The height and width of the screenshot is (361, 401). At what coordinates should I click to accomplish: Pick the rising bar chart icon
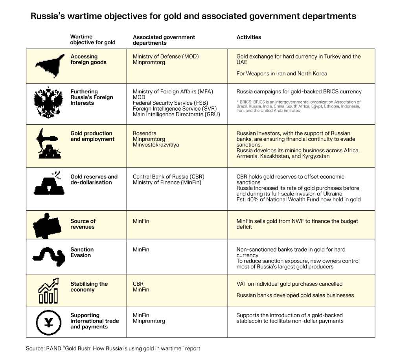(48, 290)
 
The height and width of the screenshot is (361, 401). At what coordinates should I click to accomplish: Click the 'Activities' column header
(248, 37)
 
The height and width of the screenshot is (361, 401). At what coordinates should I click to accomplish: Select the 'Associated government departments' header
(164, 40)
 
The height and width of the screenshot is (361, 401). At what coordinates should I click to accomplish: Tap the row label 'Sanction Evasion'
(82, 252)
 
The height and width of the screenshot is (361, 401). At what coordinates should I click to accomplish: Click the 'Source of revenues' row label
(83, 224)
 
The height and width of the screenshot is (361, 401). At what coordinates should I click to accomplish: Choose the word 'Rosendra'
(144, 133)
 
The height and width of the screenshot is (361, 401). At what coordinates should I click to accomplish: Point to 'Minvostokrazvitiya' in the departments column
(156, 145)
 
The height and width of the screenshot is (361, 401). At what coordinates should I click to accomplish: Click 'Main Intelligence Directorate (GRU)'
(177, 114)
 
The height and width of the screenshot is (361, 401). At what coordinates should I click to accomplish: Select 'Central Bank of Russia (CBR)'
(169, 177)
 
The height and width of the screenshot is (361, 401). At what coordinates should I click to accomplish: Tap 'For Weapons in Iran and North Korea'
(281, 73)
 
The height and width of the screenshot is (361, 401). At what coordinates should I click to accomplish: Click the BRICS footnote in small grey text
(298, 106)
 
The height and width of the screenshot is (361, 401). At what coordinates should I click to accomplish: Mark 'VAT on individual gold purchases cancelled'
(289, 284)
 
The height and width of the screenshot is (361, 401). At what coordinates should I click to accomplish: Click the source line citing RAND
(113, 348)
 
